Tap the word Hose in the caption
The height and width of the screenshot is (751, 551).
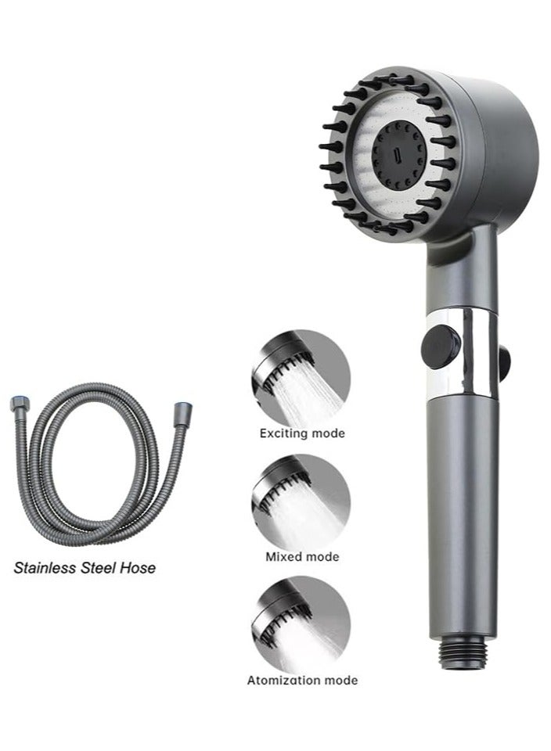click(138, 568)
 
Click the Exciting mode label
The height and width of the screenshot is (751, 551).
click(302, 433)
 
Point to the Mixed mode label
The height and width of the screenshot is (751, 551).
click(302, 557)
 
